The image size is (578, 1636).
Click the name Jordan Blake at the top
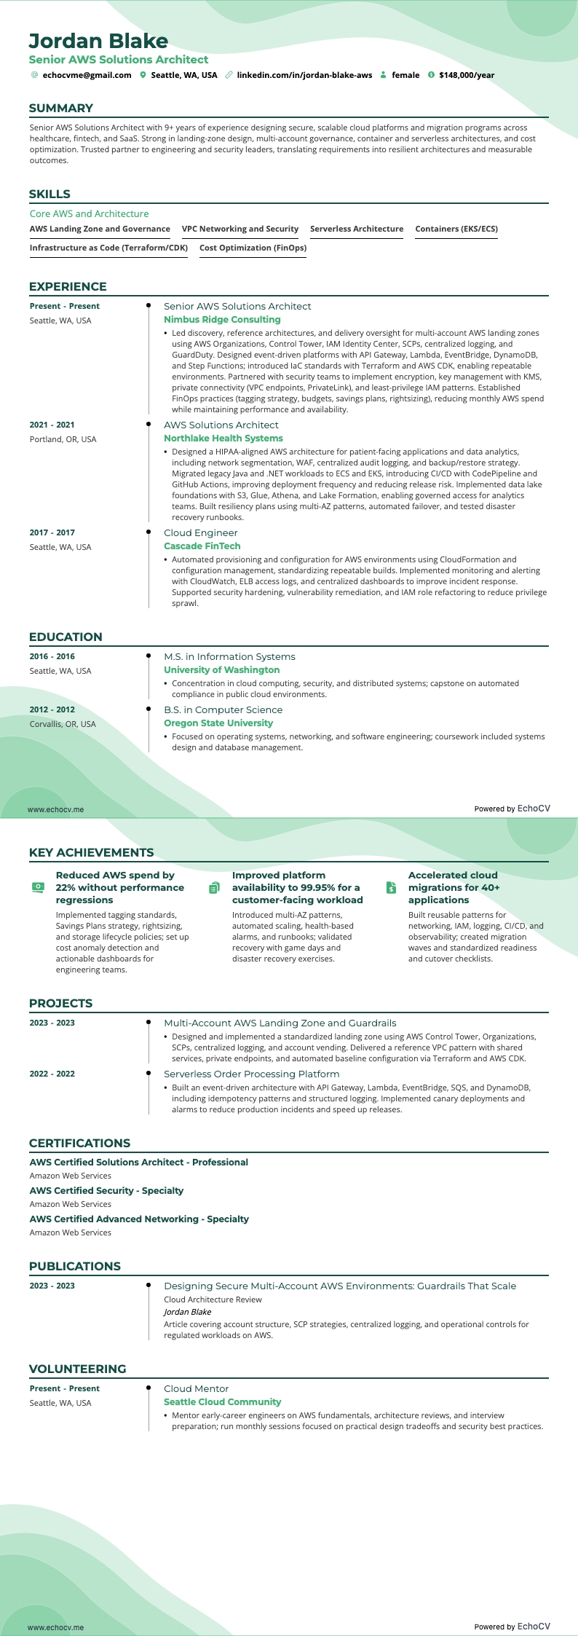(98, 41)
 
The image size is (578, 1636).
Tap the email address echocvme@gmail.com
(87, 75)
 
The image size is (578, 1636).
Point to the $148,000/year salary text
(466, 75)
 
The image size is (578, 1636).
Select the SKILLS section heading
(50, 194)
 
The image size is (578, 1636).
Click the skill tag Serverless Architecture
(357, 229)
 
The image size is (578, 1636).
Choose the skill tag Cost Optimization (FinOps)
(253, 248)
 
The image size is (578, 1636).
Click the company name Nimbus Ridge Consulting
(222, 320)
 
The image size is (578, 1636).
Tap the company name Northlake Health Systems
(223, 439)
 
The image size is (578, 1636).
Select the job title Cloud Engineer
(196, 532)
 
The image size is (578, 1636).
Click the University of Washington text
(221, 670)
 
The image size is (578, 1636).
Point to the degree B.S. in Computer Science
(223, 709)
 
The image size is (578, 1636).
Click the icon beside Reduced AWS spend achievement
(38, 887)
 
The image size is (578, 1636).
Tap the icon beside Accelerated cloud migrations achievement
(391, 887)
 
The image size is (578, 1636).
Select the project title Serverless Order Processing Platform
(251, 1074)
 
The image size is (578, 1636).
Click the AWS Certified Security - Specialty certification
(106, 1190)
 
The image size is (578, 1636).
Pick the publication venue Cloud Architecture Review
(213, 1299)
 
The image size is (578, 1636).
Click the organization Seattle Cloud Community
(222, 1401)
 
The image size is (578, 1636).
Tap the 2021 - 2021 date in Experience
(52, 425)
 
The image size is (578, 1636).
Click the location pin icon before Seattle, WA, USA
(143, 75)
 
